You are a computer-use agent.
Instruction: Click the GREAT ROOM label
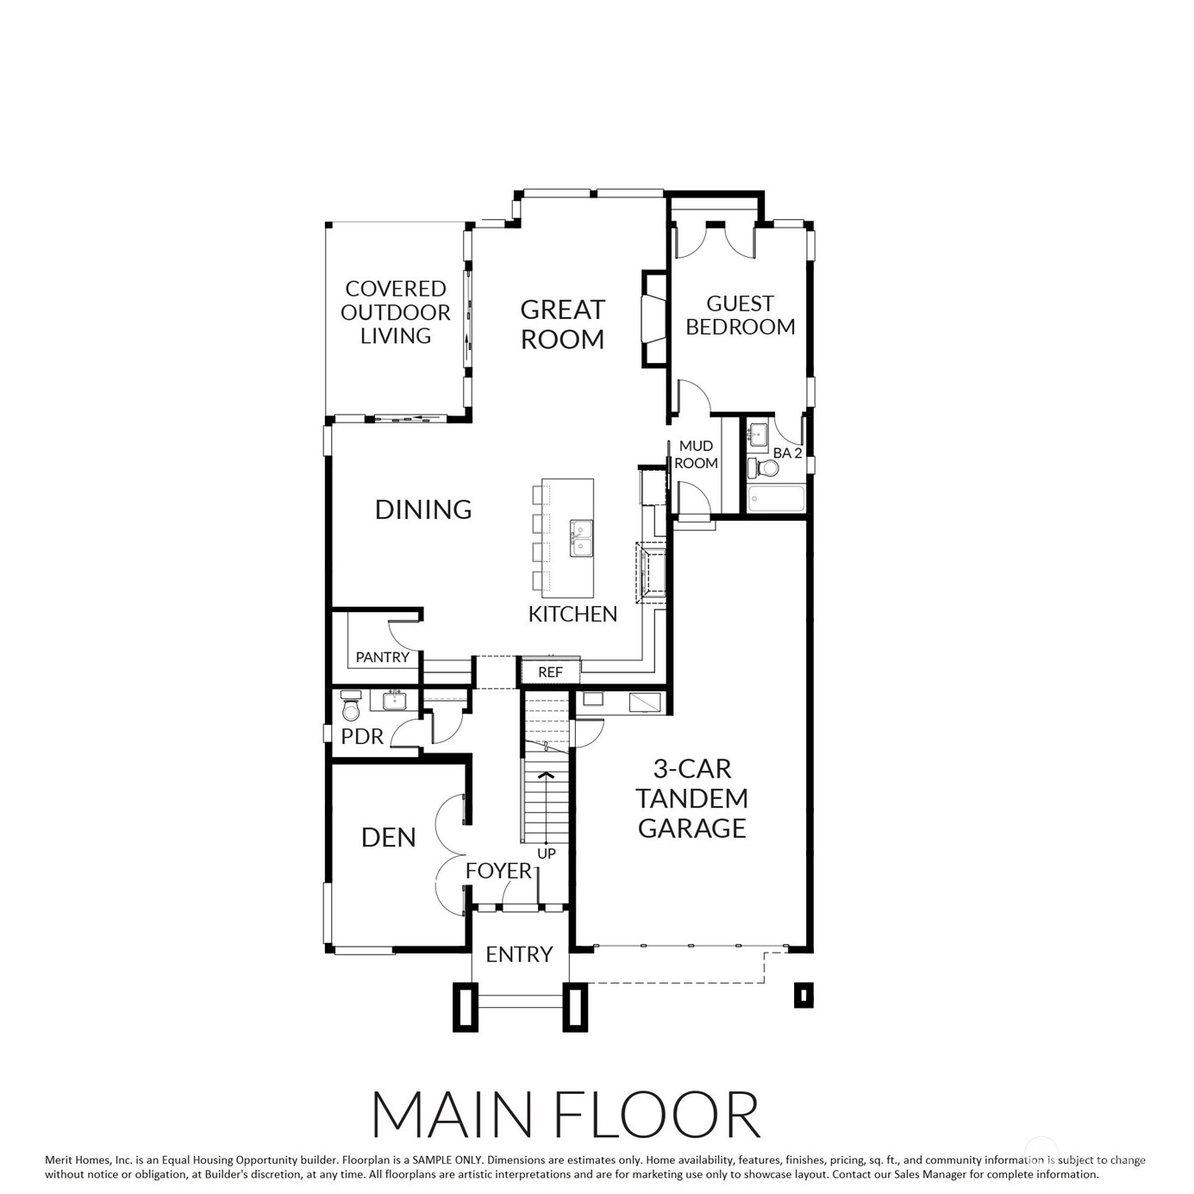coord(562,324)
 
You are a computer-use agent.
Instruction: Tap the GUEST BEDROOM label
coord(740,315)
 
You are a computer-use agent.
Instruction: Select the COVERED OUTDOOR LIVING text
coord(396,312)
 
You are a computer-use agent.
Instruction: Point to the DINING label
coord(423,509)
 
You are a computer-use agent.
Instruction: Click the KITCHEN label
coord(572,614)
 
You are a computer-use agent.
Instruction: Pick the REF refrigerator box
coord(550,671)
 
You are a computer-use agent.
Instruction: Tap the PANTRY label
coord(382,657)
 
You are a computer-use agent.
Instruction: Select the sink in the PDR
coord(394,700)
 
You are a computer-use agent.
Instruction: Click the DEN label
coord(388,838)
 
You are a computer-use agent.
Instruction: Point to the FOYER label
coord(499,871)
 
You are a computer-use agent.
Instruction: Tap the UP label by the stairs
coord(547,853)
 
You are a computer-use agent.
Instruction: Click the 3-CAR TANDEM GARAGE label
coord(691,798)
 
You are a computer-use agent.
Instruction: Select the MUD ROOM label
coord(696,454)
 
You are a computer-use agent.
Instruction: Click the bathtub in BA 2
coord(777,499)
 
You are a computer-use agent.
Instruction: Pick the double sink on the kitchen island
coord(581,538)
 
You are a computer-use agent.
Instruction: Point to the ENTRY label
coord(519,954)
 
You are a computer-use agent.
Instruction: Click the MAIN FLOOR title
coord(566,1115)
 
